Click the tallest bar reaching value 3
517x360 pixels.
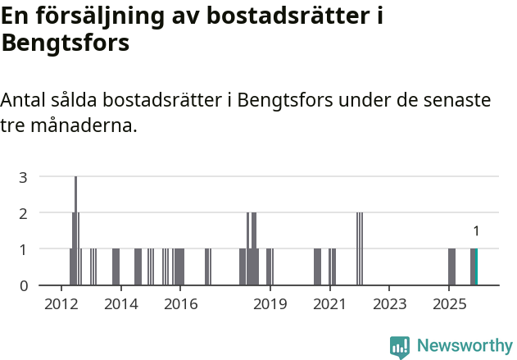point(76,230)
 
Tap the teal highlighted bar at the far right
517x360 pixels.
point(476,267)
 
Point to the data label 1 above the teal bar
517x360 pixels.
point(476,231)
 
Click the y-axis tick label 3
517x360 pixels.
point(24,176)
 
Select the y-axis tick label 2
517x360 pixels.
point(24,212)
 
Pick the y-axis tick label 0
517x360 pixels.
point(24,285)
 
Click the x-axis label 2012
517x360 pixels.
point(61,304)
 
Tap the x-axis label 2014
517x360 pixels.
point(121,304)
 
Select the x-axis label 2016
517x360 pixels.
point(181,304)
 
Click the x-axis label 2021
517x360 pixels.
point(330,304)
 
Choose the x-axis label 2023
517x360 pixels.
point(389,304)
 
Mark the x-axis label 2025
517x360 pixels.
point(449,304)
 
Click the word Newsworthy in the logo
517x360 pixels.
point(465,346)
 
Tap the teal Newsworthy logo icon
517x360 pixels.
point(400,347)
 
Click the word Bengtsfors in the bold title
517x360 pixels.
point(66,43)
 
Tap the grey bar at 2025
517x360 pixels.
point(451,267)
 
